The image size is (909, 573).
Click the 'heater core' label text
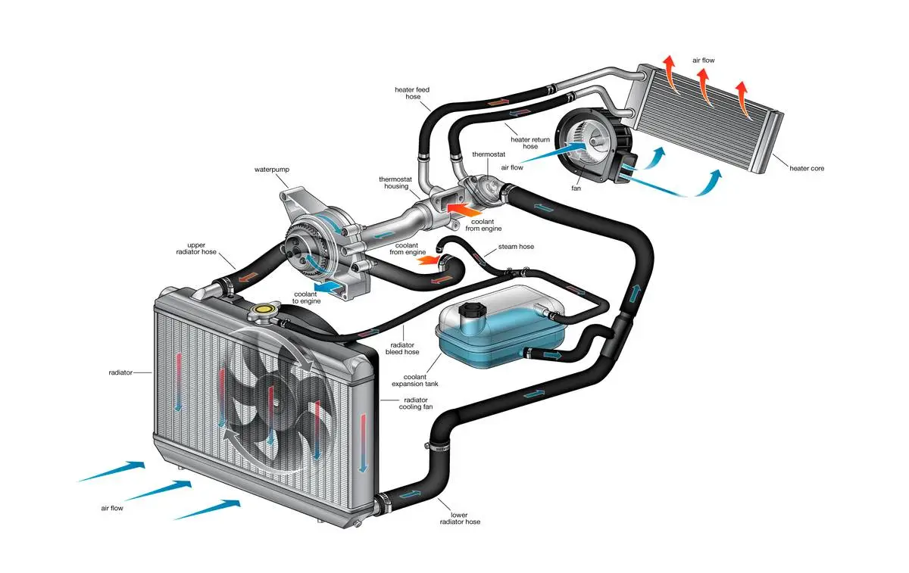pyautogui.click(x=807, y=168)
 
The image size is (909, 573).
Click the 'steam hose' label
pyautogui.click(x=516, y=248)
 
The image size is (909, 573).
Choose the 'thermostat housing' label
pyautogui.click(x=395, y=184)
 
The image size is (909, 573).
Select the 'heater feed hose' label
pyautogui.click(x=412, y=94)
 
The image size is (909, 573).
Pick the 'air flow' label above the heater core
pyautogui.click(x=703, y=60)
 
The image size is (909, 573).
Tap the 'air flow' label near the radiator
pyautogui.click(x=112, y=509)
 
